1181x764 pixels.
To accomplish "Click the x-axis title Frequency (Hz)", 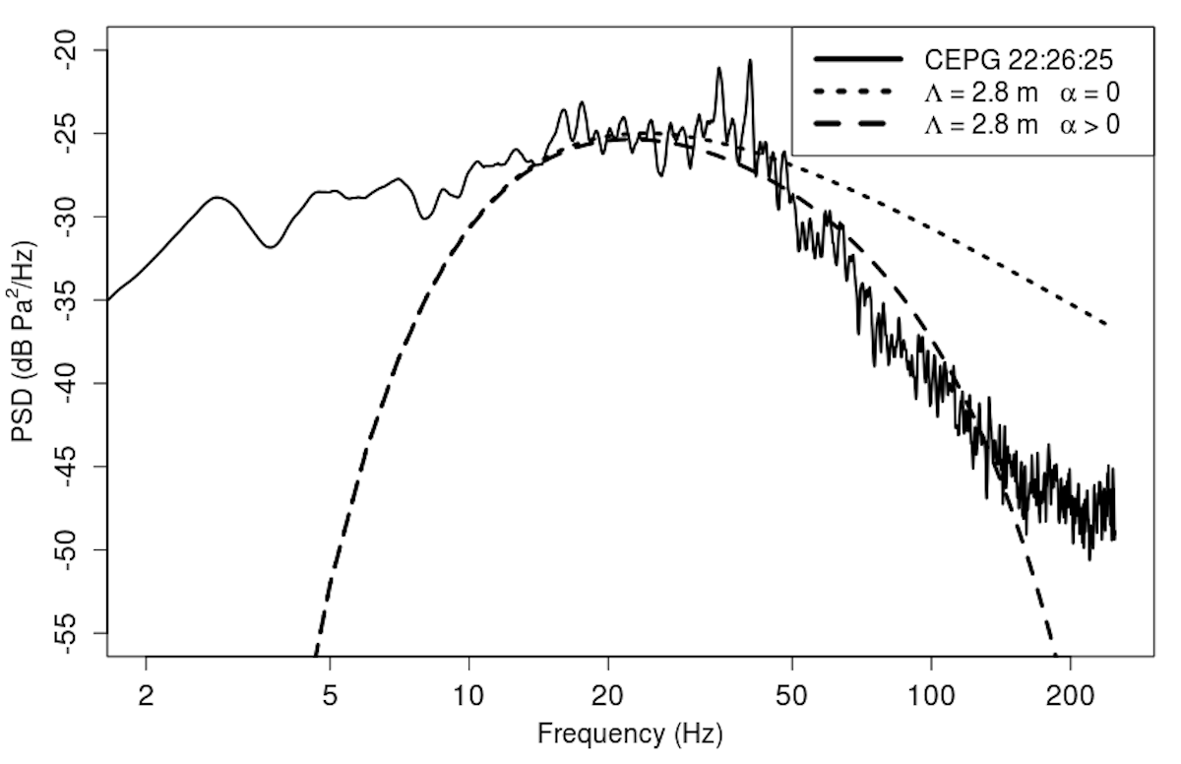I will pos(629,733).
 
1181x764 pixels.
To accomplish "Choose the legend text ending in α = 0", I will pos(1022,93).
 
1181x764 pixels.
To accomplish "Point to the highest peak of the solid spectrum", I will pos(750,60).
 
